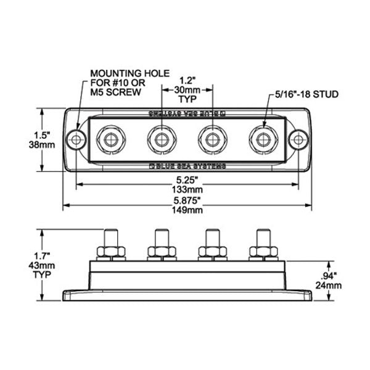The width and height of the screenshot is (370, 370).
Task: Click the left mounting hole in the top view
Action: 76,139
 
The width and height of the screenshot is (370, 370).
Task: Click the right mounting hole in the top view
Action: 298,139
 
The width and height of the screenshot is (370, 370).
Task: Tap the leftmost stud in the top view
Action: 111,139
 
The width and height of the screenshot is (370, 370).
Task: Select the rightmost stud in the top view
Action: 263,139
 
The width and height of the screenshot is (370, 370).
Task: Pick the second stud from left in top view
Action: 162,139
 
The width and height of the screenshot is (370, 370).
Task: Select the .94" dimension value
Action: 331,276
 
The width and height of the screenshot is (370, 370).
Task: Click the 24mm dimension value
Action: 331,286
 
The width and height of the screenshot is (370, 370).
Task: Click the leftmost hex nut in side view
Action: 111,251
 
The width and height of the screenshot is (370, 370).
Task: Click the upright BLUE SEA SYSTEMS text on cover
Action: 188,166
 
